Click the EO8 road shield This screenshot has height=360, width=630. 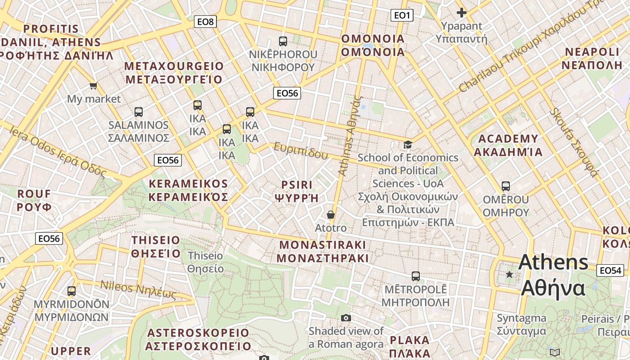[206, 21]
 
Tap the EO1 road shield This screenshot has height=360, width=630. [401, 16]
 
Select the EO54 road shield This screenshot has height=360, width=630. [610, 270]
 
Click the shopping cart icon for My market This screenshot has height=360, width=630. [93, 85]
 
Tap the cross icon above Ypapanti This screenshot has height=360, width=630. [461, 13]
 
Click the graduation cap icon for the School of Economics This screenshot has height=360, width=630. [408, 144]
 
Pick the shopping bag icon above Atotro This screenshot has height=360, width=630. [331, 215]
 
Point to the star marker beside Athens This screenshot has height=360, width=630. [509, 274]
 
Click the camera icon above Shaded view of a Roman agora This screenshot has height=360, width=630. [346, 318]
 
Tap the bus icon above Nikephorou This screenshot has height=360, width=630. [283, 41]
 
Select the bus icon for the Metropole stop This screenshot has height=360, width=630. [415, 276]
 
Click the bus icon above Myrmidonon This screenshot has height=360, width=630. [72, 291]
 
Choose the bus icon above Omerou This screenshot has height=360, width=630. [505, 186]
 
